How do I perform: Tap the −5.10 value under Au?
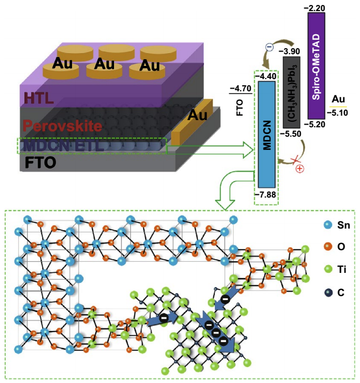[x=338, y=112]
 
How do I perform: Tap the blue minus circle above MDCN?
[x=269, y=48]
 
